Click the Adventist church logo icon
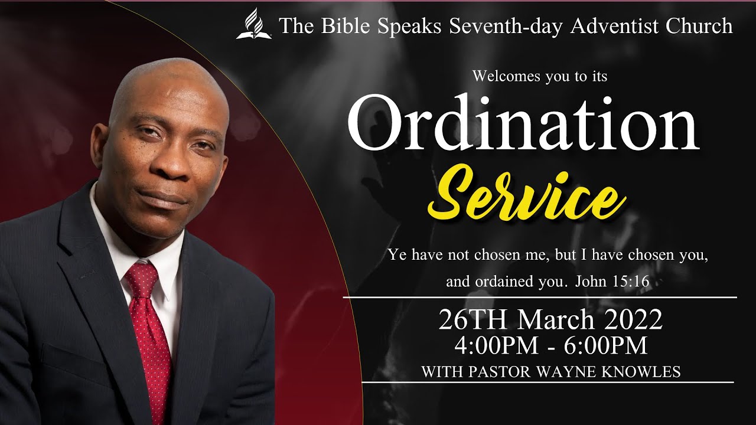[254, 25]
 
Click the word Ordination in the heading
[523, 123]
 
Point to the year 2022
[631, 321]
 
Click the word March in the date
[556, 321]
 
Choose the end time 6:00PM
[605, 346]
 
